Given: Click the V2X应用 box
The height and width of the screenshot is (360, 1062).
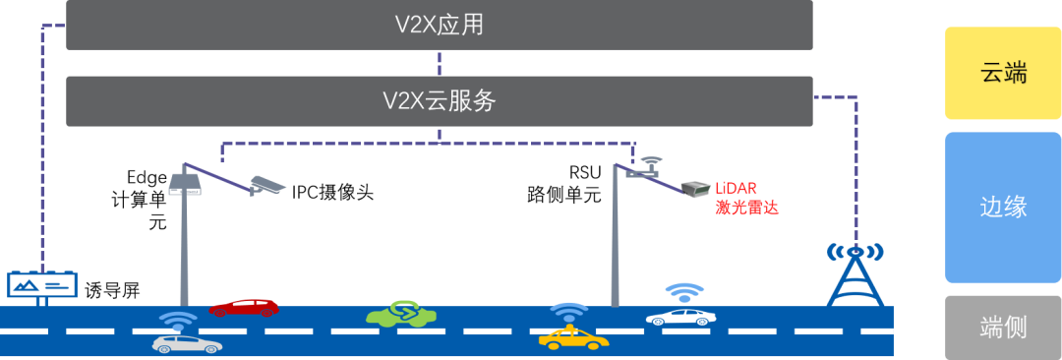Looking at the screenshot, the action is point(439,25).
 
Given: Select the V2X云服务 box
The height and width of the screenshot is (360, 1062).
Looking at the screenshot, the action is point(439,101).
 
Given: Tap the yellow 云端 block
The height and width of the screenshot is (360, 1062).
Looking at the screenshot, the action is point(1002,73).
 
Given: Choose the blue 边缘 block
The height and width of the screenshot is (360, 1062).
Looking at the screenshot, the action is point(1002,208).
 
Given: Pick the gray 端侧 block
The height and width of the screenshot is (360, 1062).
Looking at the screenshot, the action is point(1002,327).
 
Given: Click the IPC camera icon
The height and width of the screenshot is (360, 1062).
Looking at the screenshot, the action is point(265,186).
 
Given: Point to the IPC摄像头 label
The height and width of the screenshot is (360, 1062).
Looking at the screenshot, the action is point(332,193).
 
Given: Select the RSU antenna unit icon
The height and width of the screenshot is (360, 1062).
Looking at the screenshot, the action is point(642,168).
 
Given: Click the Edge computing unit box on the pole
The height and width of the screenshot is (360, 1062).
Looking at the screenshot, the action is point(186,184).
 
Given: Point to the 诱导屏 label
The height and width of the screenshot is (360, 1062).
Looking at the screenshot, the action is point(112,291).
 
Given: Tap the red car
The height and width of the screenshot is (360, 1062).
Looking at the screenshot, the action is point(244,307).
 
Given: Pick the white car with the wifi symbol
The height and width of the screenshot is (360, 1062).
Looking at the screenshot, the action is point(680,316).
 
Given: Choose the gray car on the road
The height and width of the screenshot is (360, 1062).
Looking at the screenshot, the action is point(188,343).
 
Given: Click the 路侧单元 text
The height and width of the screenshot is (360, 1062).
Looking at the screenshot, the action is point(564,196).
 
